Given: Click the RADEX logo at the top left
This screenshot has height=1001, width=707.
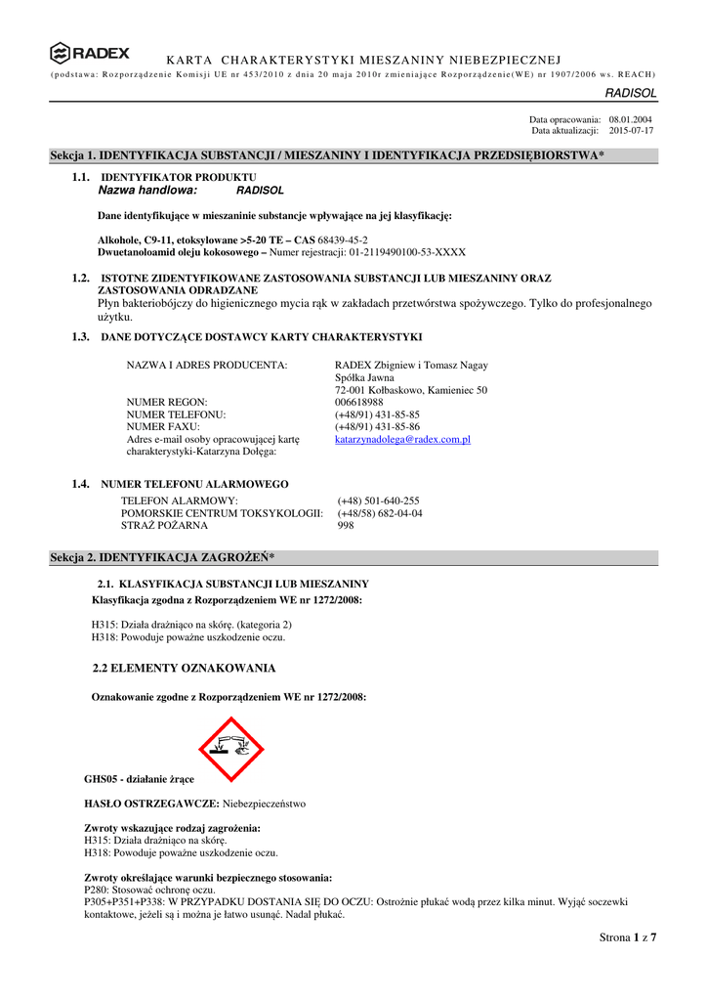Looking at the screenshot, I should point(89,53).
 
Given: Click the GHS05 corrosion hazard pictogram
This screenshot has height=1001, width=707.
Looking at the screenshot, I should point(231,749).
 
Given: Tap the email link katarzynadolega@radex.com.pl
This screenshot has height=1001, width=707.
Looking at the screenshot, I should point(402,440).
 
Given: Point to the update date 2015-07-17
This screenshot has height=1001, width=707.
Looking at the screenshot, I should point(631,130).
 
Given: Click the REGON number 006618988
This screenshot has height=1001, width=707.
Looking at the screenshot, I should point(358,402).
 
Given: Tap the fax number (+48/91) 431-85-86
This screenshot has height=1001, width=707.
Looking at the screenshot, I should point(377,427).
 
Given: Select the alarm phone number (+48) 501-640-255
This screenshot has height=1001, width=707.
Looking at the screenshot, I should point(378,500).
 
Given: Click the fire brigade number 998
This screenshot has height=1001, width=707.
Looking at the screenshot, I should point(346,526).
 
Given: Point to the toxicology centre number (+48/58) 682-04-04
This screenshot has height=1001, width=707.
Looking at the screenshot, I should point(380,513).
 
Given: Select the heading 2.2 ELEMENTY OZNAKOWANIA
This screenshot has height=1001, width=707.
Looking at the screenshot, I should point(184,669).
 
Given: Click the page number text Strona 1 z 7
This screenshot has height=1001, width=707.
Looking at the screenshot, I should point(628,938).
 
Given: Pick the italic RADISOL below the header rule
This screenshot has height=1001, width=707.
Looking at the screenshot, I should point(631,92).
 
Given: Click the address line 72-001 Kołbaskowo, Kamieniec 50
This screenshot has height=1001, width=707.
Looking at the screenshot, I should point(411,390).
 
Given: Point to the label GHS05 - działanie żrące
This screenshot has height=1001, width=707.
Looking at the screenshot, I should point(139,779).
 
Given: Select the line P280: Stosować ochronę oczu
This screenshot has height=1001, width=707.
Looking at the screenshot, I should point(149,891).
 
